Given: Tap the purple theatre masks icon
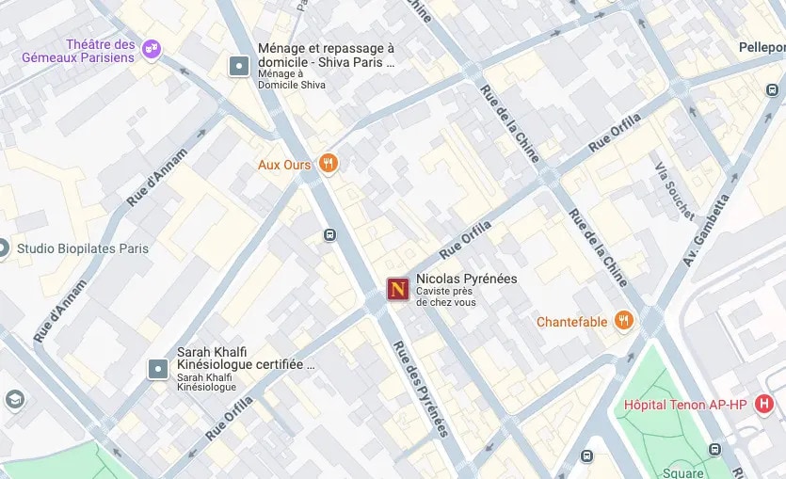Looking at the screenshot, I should click(152, 49).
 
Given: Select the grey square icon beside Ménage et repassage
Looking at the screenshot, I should click(239, 65).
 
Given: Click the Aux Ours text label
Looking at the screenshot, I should click(284, 165).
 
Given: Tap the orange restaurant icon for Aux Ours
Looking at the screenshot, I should click(328, 164).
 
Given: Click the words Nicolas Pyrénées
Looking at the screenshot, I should click(466, 279).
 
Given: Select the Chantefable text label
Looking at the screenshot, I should click(571, 322).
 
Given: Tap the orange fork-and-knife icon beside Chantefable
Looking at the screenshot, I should click(623, 321).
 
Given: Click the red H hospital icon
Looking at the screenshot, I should click(764, 405).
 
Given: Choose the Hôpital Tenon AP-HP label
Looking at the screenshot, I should click(685, 406).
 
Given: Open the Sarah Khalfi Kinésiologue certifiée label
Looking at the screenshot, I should click(246, 358).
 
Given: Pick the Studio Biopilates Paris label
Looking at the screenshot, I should click(82, 249).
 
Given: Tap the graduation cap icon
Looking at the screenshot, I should click(13, 400).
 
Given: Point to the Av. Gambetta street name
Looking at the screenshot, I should click(707, 231).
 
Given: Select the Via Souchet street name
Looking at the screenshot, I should click(674, 189).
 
